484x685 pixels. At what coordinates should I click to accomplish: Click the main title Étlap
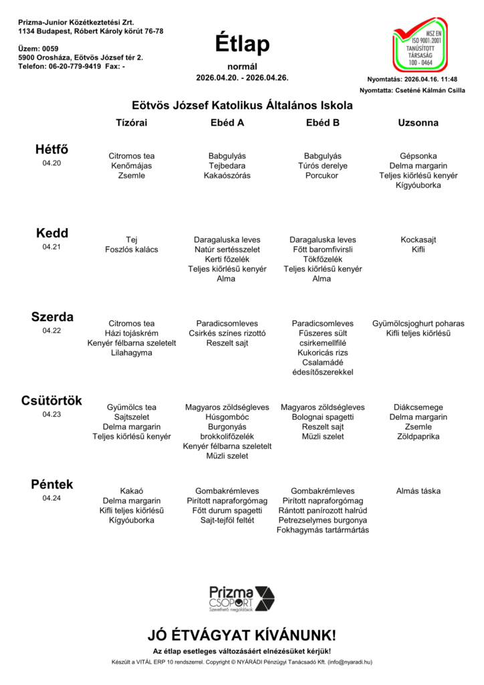pyautogui.click(x=242, y=44)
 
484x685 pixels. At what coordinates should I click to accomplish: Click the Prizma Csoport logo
pyautogui.click(x=241, y=598)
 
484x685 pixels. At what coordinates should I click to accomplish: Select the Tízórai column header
pyautogui.click(x=132, y=123)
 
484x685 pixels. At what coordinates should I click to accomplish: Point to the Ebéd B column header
pyautogui.click(x=322, y=123)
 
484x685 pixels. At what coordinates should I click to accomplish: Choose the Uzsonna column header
pyautogui.click(x=418, y=123)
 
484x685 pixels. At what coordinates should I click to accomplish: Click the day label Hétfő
pyautogui.click(x=51, y=149)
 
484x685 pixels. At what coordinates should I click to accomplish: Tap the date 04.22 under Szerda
pyautogui.click(x=51, y=330)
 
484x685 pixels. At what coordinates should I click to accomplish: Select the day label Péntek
pyautogui.click(x=51, y=484)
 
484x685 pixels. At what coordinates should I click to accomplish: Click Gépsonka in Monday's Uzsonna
pyautogui.click(x=418, y=156)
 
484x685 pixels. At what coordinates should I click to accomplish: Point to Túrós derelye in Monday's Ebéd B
pyautogui.click(x=322, y=166)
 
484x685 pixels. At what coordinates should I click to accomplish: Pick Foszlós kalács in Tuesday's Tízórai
pyautogui.click(x=132, y=250)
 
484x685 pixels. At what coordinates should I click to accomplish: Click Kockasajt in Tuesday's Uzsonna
pyautogui.click(x=418, y=239)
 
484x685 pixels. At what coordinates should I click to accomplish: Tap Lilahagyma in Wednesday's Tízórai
pyautogui.click(x=132, y=353)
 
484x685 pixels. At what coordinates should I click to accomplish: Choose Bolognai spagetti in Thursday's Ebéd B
pyautogui.click(x=322, y=417)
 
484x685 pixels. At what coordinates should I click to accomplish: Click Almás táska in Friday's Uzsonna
pyautogui.click(x=418, y=491)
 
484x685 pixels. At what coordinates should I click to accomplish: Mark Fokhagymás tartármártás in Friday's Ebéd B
pyautogui.click(x=322, y=530)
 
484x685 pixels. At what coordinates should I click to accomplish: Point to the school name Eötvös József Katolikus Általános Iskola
pyautogui.click(x=242, y=105)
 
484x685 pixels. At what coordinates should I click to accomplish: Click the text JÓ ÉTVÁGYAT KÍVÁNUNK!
pyautogui.click(x=242, y=635)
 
